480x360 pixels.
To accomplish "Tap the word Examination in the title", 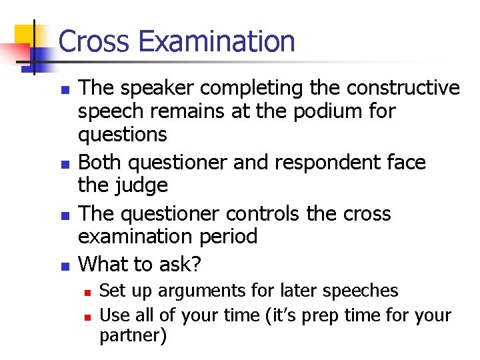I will point(217,41).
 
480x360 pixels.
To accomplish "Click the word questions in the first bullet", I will point(123,135).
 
